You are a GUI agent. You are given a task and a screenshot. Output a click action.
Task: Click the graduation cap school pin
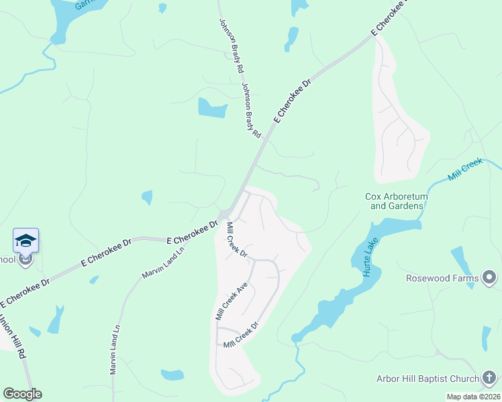26,241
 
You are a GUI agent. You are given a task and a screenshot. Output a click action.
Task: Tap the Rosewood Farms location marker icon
490,277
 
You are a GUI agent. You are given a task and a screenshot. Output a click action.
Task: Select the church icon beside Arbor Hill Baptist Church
490,379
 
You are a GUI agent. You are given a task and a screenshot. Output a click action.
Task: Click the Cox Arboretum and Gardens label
395,201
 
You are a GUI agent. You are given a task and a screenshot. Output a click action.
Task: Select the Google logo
22,394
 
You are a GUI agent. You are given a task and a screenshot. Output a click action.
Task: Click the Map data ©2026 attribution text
474,397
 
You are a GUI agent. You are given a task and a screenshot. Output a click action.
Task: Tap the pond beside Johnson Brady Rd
212,108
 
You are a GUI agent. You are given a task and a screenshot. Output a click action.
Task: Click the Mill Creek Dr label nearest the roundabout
237,240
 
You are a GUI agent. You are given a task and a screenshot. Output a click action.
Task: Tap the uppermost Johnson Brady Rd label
229,46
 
